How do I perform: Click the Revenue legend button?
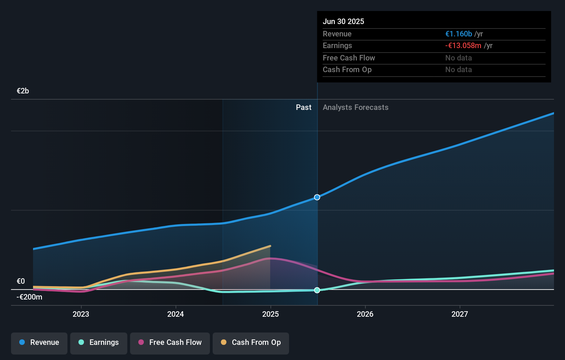coord(39,342)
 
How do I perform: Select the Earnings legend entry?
coord(99,342)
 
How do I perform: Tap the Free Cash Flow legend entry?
coord(170,342)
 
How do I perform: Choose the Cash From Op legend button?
coord(251,342)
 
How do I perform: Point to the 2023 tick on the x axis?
coord(81,314)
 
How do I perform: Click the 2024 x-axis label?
coord(175,314)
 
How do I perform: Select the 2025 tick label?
coord(270,314)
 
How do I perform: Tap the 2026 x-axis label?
coord(365,314)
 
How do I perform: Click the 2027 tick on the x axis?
coord(460,314)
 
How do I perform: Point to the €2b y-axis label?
coord(23,91)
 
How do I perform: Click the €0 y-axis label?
coord(21,281)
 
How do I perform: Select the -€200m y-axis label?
coord(29,297)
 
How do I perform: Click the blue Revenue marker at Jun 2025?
coord(317,197)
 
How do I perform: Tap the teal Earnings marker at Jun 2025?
coord(317,290)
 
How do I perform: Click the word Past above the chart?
coord(303,108)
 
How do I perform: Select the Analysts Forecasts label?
coord(355,108)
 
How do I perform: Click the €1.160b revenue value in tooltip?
coord(458,34)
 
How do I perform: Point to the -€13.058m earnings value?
coord(463,46)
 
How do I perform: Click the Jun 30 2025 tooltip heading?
coord(343,22)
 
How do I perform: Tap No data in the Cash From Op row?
coord(458,70)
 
